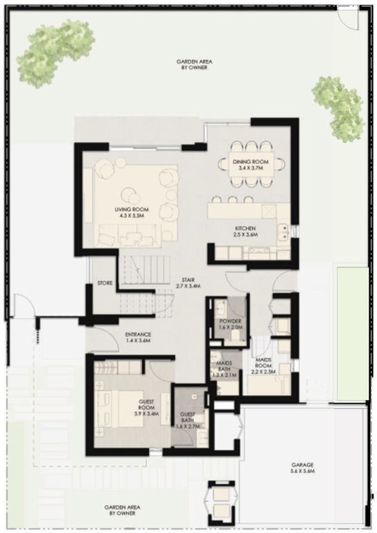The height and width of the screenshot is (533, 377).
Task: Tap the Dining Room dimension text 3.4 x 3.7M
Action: point(251,168)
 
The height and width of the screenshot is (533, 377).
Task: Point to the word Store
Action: point(105,283)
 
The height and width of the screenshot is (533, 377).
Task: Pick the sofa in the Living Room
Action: point(125,235)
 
